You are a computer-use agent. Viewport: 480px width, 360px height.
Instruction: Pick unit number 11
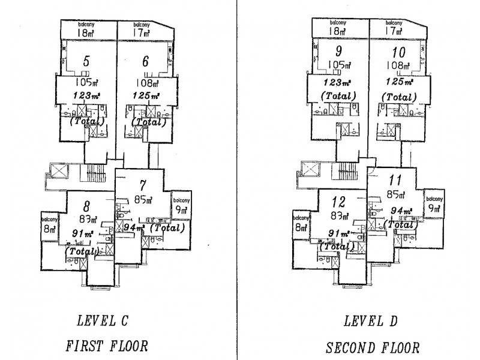[x=395, y=179]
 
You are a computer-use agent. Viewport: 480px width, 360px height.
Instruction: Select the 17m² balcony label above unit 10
[x=393, y=29]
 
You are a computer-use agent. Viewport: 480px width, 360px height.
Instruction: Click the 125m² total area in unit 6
[x=147, y=95]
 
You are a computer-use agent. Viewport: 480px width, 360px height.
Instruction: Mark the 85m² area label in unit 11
[x=395, y=194]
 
